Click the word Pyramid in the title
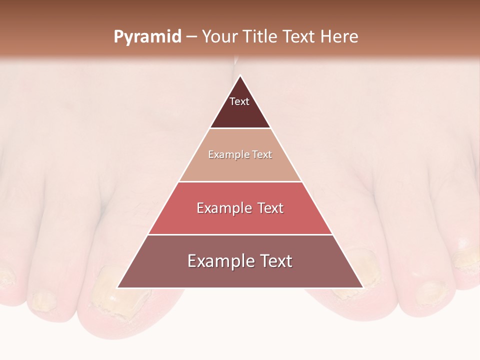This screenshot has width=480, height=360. pos(147,37)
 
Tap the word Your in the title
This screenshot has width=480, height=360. pos(220,37)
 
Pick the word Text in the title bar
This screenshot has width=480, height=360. pos(299,37)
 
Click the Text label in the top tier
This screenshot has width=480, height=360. pos(239,102)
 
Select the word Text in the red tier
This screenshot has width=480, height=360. pos(270,208)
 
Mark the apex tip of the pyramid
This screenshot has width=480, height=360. pos(240,76)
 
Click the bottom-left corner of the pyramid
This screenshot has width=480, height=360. pos(118,287)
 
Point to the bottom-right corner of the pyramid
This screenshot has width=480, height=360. pos(362,287)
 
